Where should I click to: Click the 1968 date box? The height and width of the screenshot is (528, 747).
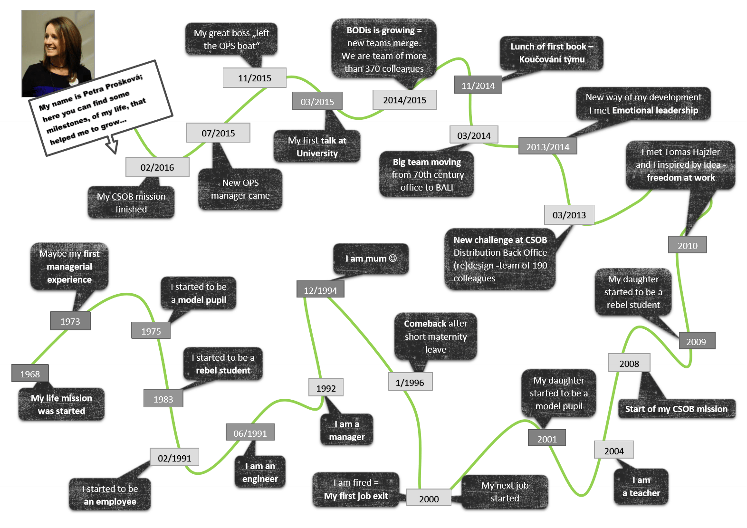[30, 374]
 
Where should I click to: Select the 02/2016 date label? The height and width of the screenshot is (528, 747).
[157, 167]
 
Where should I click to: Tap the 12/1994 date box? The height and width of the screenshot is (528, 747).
[320, 290]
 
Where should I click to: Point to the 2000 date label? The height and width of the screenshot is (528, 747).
[429, 499]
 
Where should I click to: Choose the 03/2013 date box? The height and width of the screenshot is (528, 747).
[569, 215]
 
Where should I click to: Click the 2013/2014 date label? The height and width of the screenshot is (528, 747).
[547, 147]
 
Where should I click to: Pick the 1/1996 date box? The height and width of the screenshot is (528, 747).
[410, 383]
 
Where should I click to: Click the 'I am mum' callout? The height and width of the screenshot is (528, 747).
[371, 259]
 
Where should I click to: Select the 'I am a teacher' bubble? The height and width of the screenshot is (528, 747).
[641, 487]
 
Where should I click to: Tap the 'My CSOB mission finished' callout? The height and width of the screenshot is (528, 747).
[131, 203]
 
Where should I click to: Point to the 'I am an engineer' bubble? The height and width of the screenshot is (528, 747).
[260, 472]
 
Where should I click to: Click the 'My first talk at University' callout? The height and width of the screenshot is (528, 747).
[317, 147]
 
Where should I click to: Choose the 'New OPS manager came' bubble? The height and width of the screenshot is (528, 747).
[240, 189]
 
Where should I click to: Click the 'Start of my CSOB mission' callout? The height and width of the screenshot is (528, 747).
[676, 409]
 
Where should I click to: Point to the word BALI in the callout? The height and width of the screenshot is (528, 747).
[444, 188]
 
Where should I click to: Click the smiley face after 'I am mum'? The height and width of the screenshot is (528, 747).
[393, 258]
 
